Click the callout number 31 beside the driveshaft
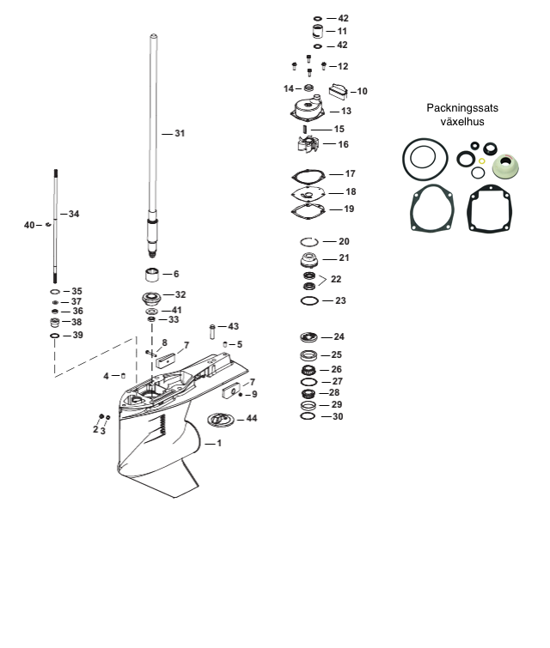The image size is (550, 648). click(180, 134)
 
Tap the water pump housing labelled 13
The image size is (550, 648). click(308, 108)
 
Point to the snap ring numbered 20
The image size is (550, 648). click(309, 242)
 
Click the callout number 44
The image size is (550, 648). click(252, 419)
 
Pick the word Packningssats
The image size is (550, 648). click(462, 108)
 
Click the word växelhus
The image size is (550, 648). click(462, 122)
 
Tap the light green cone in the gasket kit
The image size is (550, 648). click(506, 167)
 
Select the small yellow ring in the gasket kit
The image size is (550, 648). click(482, 161)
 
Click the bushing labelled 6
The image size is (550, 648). click(152, 275)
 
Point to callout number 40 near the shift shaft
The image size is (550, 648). click(29, 225)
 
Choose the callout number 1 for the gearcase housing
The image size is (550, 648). click(219, 444)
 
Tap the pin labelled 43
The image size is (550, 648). click(212, 332)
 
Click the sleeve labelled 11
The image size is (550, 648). click(318, 32)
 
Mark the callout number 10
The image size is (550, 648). click(362, 91)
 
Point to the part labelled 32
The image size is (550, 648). click(151, 298)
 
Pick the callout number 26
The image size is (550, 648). click(337, 369)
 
